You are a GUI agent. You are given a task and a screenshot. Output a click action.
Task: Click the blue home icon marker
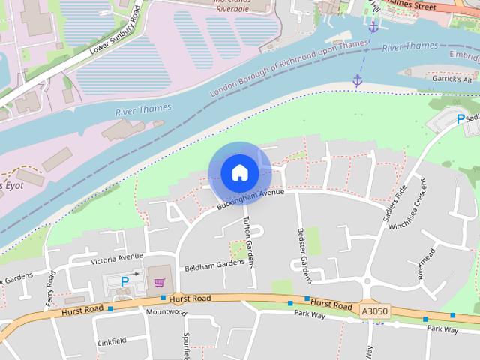(239, 172)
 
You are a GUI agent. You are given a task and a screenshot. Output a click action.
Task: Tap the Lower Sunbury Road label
(115, 31)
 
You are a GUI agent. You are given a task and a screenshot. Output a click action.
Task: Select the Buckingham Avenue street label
(250, 198)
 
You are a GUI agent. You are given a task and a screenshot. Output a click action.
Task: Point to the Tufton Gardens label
(249, 241)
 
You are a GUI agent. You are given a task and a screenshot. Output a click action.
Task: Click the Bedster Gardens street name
(304, 255)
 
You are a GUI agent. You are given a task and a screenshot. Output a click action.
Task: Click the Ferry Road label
(51, 288)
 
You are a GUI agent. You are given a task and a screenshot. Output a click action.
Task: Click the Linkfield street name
(112, 341)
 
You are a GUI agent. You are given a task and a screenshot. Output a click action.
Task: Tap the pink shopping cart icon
(159, 282)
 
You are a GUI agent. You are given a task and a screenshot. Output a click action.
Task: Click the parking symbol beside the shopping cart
(124, 280)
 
